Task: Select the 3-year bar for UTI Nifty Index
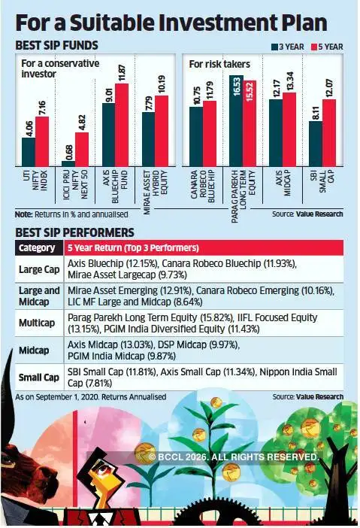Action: tap(28, 152)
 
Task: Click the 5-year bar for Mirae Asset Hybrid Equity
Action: tap(162, 131)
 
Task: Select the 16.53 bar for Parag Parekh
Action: tap(237, 120)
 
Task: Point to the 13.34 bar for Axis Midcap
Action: tap(289, 129)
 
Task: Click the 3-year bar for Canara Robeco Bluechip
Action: tap(196, 137)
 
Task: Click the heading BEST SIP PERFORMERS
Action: tap(74, 232)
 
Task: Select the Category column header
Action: tap(38, 247)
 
